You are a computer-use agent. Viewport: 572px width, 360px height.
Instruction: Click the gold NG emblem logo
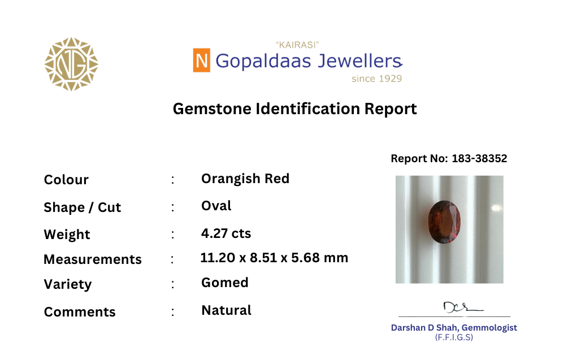[71, 64]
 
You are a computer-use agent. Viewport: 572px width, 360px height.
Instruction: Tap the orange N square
[201, 60]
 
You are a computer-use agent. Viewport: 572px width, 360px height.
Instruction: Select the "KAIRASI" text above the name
[297, 45]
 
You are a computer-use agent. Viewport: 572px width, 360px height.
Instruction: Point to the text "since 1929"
[376, 79]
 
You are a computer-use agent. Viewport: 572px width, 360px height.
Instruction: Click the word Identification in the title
[308, 109]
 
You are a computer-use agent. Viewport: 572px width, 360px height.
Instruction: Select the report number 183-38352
[479, 158]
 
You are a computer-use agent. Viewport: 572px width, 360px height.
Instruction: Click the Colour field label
[66, 180]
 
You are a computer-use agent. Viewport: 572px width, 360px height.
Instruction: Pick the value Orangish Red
[245, 179]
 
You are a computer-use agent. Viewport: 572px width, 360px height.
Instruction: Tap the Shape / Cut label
[82, 207]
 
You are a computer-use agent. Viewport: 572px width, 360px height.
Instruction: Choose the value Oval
[216, 206]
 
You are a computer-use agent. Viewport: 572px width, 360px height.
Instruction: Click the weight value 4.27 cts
[226, 233]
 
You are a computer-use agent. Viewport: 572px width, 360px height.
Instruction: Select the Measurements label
[93, 259]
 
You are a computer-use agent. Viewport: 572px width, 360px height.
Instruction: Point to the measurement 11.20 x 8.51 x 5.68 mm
[274, 258]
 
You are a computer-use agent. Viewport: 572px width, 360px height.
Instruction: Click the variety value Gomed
[225, 283]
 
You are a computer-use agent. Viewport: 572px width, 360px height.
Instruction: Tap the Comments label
[80, 312]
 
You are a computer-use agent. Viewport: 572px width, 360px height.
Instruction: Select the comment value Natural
[226, 310]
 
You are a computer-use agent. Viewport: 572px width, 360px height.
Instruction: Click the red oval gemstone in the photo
[444, 222]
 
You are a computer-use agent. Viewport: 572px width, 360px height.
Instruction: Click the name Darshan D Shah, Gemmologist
[454, 328]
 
